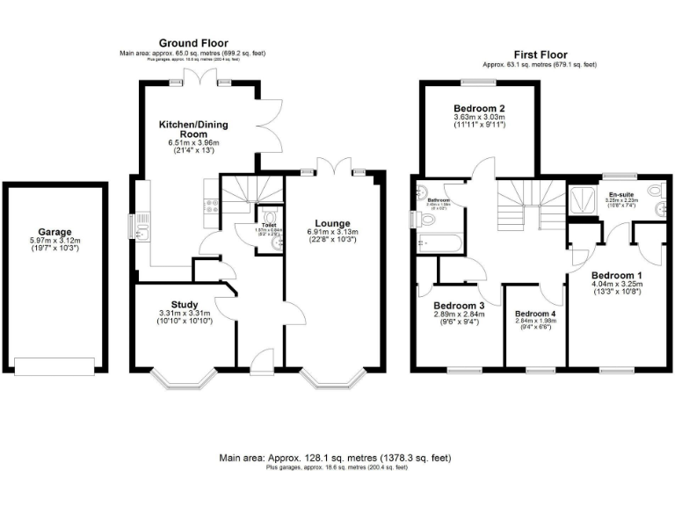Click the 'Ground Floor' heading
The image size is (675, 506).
click(x=192, y=42)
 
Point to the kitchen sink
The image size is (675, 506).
click(x=141, y=226)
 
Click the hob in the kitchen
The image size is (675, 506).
click(x=211, y=206)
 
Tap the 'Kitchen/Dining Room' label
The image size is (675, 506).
click(x=188, y=128)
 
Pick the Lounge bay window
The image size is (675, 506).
click(x=334, y=379)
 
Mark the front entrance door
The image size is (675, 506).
click(x=261, y=358)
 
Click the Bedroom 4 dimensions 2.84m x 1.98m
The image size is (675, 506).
click(x=535, y=322)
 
